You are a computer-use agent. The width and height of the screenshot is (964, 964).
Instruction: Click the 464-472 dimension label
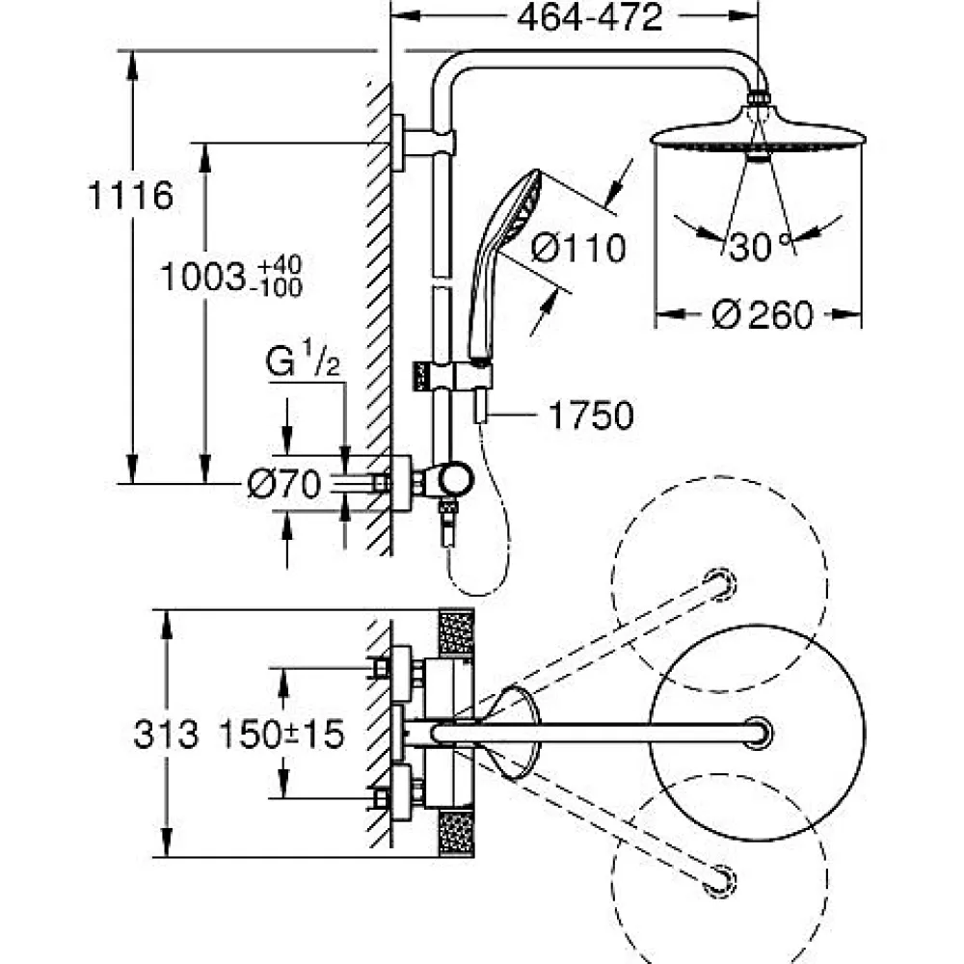coord(590,17)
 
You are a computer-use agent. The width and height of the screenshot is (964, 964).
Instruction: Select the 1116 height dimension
coord(130,196)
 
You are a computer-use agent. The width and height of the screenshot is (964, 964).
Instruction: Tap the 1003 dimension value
coord(202,278)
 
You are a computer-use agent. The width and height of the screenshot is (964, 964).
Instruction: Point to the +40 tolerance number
coord(280,266)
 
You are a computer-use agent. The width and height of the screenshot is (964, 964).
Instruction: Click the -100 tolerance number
coord(280,287)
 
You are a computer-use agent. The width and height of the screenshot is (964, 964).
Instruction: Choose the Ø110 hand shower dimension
coord(577,249)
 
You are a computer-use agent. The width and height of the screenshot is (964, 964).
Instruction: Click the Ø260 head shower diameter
coord(763,315)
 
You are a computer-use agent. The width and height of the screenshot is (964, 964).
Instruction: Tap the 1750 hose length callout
coord(591,415)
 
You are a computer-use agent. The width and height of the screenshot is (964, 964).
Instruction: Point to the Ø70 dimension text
coord(284,484)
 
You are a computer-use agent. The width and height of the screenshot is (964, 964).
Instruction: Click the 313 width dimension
coord(166,734)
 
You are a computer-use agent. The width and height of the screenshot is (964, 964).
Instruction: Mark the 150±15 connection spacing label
coord(282,734)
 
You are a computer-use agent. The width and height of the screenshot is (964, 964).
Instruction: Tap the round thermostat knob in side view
coord(457,478)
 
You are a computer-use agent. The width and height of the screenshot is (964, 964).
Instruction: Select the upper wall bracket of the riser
coord(423,143)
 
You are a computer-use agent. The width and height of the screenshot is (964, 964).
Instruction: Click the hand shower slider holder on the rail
coord(453,376)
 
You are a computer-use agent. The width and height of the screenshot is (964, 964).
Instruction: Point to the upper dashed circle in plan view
coord(719,584)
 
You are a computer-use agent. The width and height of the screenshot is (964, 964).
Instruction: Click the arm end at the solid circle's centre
coord(758,733)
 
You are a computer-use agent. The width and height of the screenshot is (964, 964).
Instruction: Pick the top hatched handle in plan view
coord(456,633)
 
